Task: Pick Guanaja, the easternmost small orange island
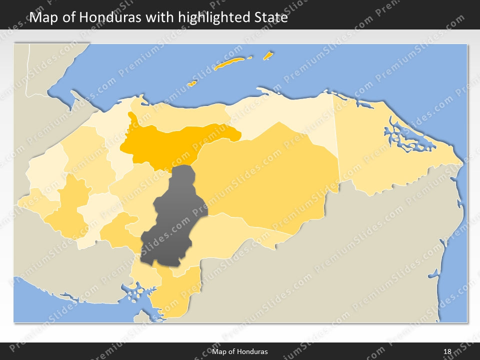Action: [x=268, y=55]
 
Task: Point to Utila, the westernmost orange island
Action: [x=191, y=83]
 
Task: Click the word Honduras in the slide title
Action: [x=109, y=17]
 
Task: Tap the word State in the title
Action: [x=270, y=17]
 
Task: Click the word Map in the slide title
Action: [x=42, y=17]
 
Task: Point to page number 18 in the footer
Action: [x=447, y=351]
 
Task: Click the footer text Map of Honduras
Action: [x=243, y=351]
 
